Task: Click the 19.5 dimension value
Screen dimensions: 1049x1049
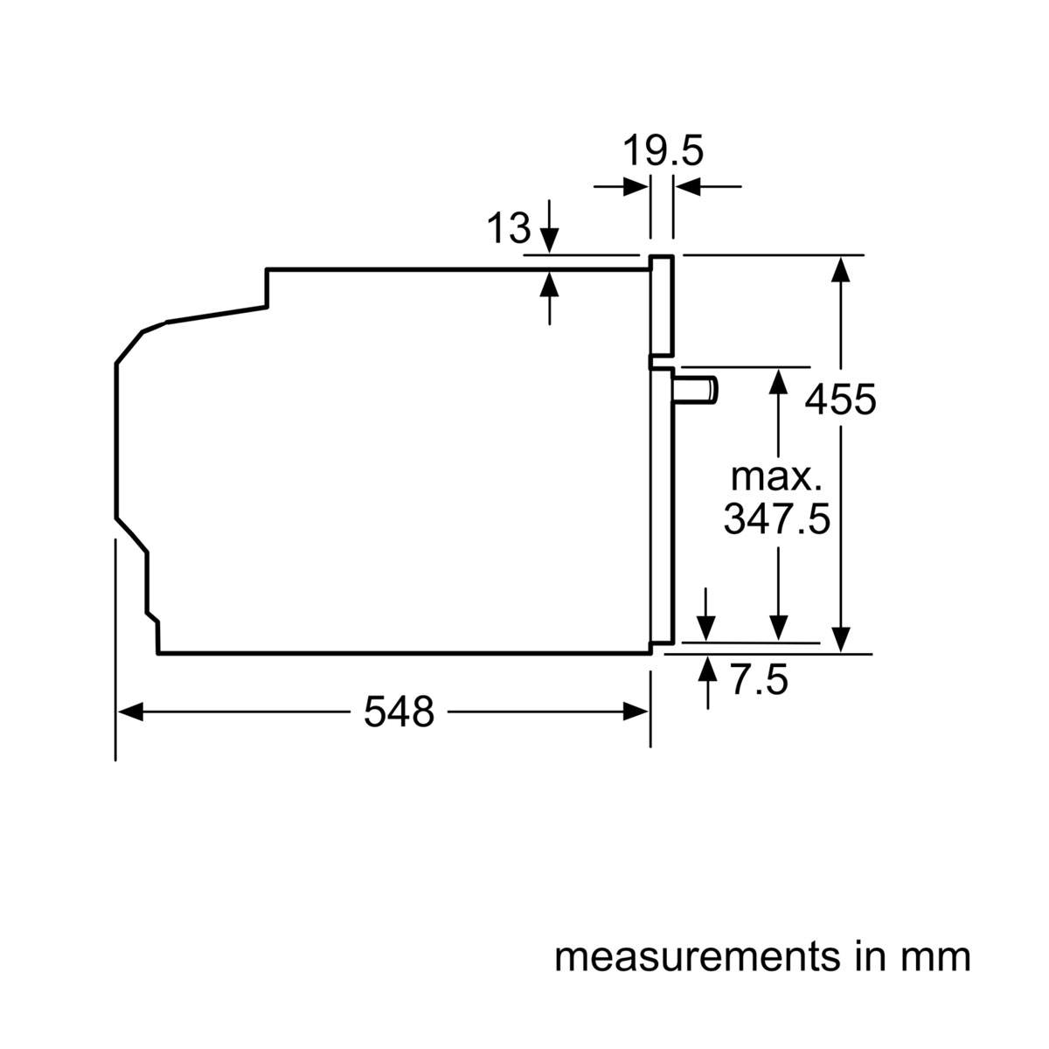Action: click(x=663, y=151)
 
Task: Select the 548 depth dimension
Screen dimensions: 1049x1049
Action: click(x=399, y=712)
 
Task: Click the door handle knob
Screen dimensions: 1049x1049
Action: click(x=699, y=389)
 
